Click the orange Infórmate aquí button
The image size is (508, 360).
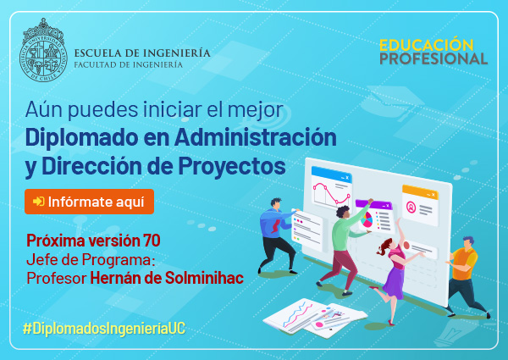coord(89,202)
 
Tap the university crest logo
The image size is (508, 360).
coord(43,50)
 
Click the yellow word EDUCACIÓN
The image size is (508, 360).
coord(427,45)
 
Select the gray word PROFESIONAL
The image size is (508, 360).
coord(433,58)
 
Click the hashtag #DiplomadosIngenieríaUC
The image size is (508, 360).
coord(104,329)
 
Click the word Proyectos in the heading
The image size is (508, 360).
coord(232,165)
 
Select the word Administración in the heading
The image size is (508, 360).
coord(256,137)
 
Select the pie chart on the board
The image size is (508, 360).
coord(367,219)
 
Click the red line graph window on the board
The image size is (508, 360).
coord(331,187)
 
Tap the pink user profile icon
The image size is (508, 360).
coord(411,207)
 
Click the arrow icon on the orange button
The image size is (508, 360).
coord(39,202)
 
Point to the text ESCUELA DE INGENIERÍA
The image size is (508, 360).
coord(142,53)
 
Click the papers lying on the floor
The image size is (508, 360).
coord(315,318)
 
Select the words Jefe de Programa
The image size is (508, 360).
coord(91,259)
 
